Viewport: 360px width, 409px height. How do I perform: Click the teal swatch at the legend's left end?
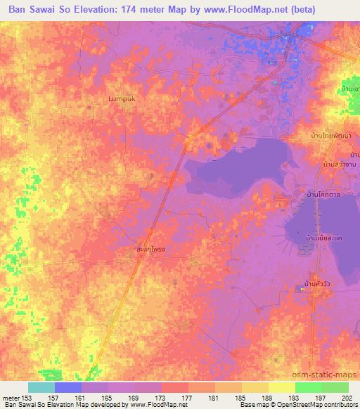[x=41, y=387]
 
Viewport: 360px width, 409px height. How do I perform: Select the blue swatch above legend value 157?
[x=68, y=387]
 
